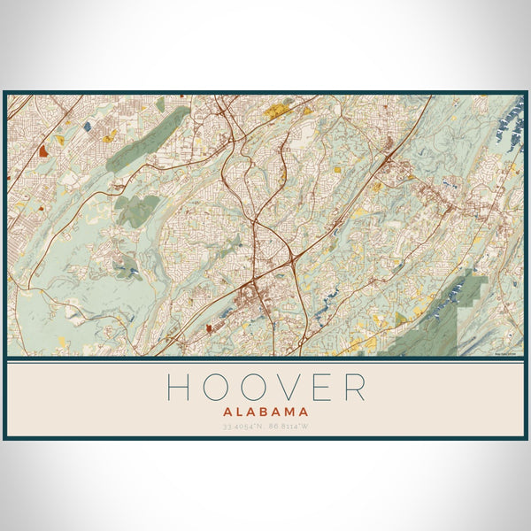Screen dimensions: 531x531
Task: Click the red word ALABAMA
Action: point(265,412)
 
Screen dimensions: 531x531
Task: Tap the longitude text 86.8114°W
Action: point(289,427)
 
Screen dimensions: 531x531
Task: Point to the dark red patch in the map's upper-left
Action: point(43,151)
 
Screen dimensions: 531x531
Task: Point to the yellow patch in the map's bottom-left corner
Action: point(60,341)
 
